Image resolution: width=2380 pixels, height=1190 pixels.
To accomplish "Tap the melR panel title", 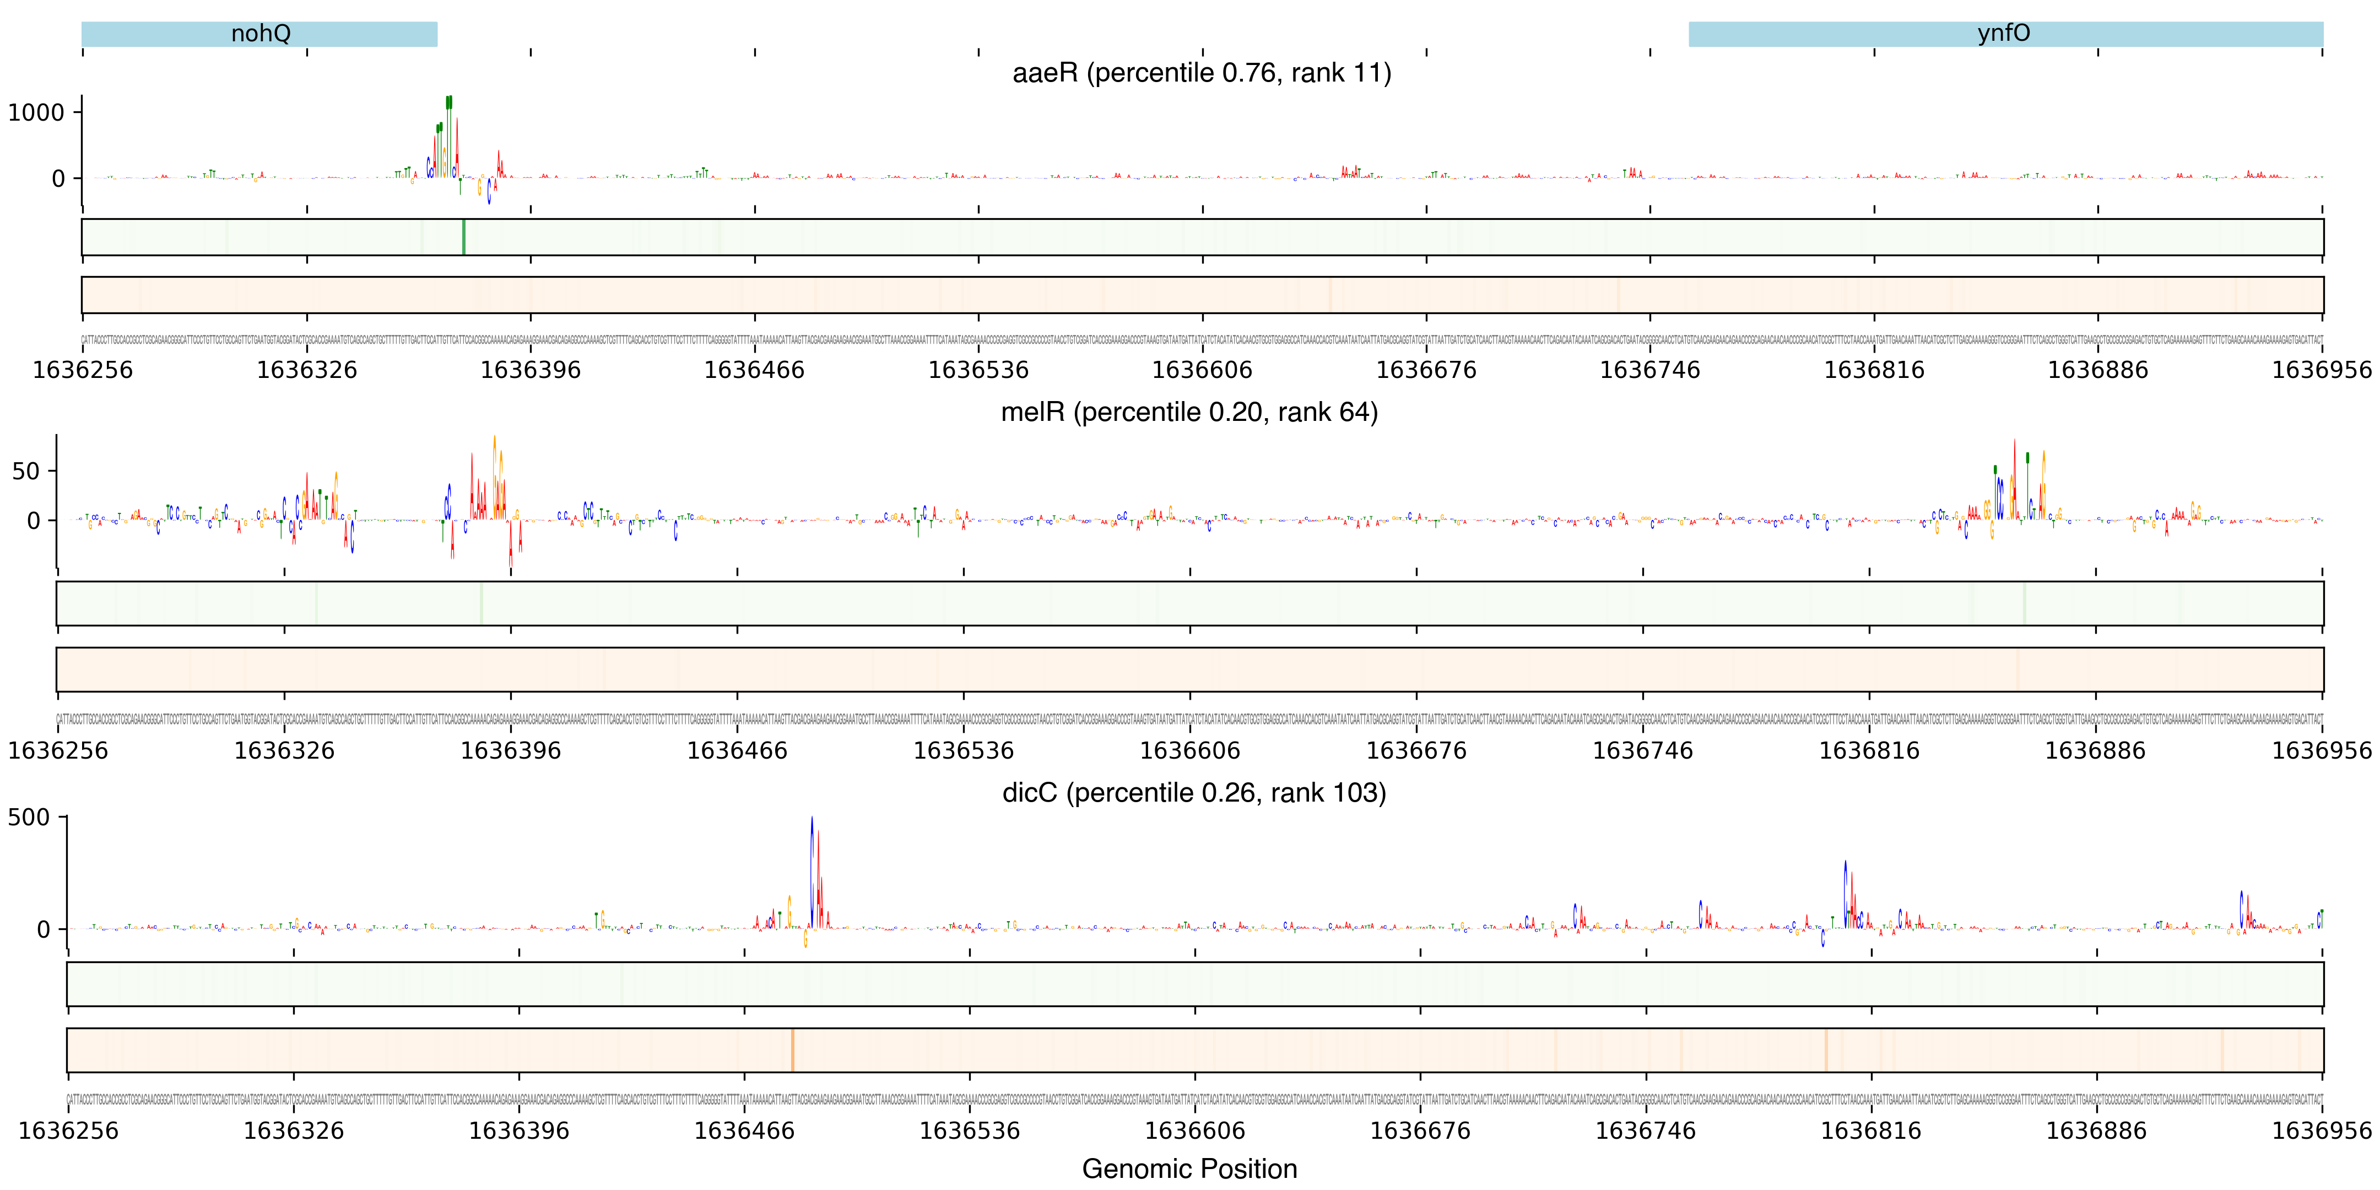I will coord(1189,412).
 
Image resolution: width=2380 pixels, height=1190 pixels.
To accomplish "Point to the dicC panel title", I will coord(1194,793).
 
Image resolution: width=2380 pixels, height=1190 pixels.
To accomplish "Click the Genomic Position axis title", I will coord(1189,1169).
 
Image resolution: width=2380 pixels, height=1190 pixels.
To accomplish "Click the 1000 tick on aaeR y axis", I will coord(37,113).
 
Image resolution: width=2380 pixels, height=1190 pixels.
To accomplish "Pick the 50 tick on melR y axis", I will coord(26,471).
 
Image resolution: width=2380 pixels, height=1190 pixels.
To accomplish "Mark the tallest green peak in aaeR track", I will coord(449,104).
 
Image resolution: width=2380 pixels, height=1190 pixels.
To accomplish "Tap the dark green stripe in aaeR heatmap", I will coord(464,237).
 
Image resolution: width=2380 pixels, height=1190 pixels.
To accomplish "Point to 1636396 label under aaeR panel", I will coord(531,370).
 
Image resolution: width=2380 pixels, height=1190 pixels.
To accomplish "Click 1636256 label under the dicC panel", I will coord(68,1131).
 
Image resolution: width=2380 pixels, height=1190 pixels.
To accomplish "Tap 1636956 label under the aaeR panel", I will coord(2321,370).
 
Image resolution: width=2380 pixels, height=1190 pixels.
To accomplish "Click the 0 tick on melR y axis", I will coord(34,520).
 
